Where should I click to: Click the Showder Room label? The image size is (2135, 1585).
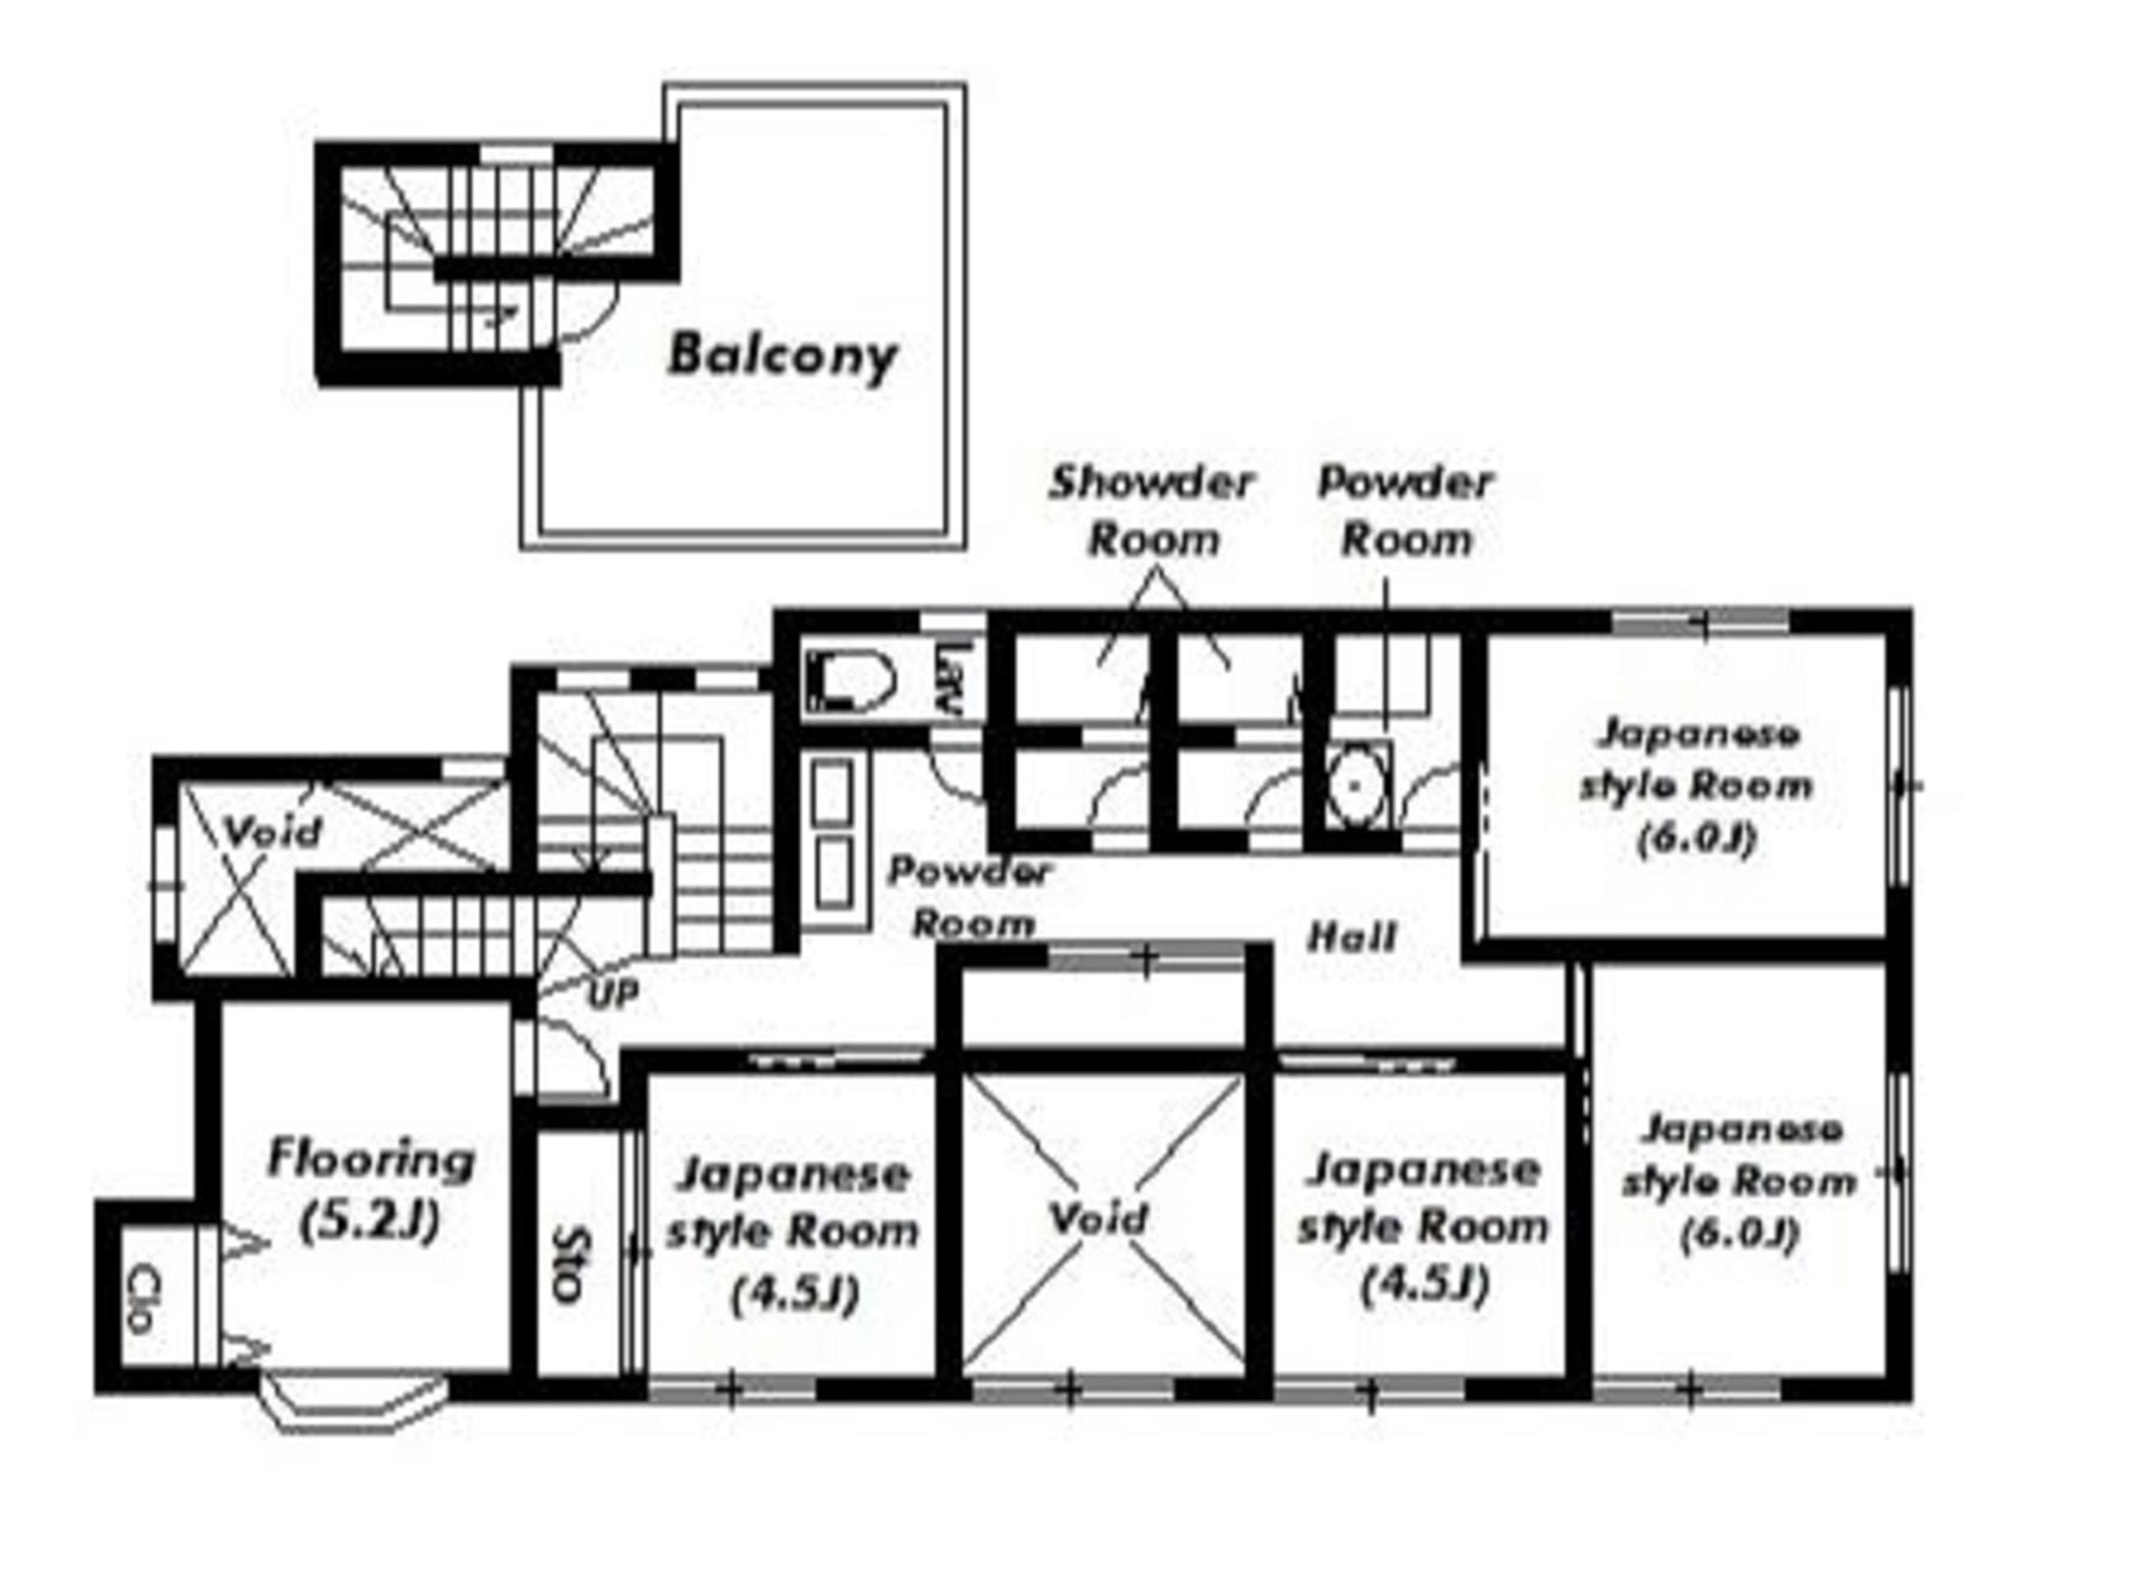point(1152,511)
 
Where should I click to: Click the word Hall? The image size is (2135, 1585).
point(1352,935)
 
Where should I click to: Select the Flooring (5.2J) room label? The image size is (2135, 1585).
point(370,1190)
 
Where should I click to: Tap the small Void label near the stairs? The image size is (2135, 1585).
point(273,831)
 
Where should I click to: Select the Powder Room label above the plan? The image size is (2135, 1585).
point(1405,511)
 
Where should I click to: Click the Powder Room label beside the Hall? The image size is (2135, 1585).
point(970,897)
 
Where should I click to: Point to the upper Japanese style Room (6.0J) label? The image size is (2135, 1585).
point(1696,786)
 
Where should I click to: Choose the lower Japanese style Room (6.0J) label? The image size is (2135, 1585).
point(1740,1181)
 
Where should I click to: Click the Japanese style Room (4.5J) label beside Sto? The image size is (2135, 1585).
point(792,1235)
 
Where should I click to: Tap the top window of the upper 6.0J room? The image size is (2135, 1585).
point(1701,622)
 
